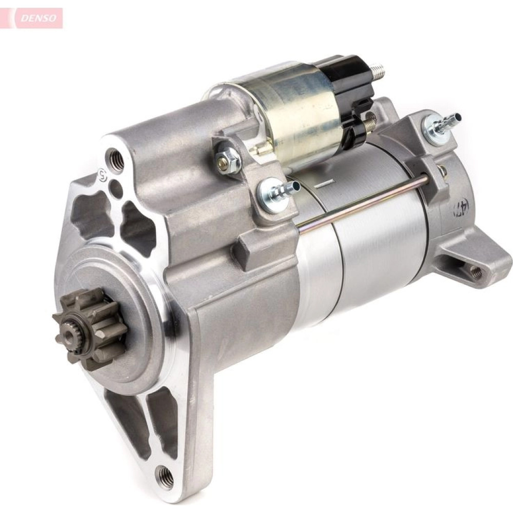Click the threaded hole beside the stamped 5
coord(116,156)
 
